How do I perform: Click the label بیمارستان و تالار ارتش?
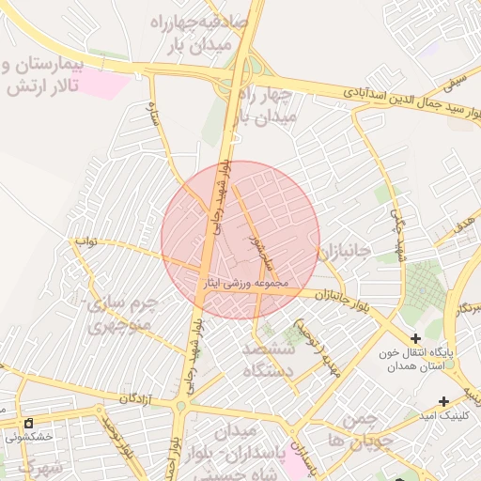(x=43, y=76)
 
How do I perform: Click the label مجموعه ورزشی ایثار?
(x=248, y=282)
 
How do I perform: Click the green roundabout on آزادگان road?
(x=179, y=407)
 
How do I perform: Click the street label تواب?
(x=86, y=241)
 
